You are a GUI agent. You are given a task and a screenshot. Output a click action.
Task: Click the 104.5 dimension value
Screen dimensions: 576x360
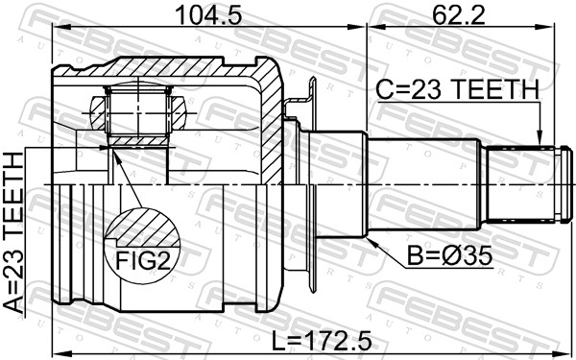pos(208,14)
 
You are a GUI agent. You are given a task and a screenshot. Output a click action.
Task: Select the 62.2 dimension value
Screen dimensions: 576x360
pos(459,14)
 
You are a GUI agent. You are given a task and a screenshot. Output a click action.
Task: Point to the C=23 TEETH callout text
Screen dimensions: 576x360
pos(457,89)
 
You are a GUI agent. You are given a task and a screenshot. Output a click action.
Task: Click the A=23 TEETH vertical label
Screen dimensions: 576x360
pos(13,233)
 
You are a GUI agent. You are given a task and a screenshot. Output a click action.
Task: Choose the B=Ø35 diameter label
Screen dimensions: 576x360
pos(449,256)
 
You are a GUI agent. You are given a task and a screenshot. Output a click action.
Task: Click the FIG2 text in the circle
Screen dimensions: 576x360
pos(143,261)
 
